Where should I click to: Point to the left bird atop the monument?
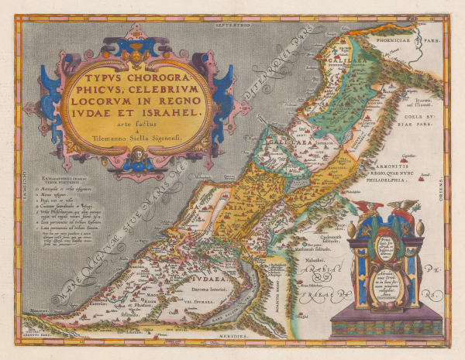(x=363, y=210)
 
